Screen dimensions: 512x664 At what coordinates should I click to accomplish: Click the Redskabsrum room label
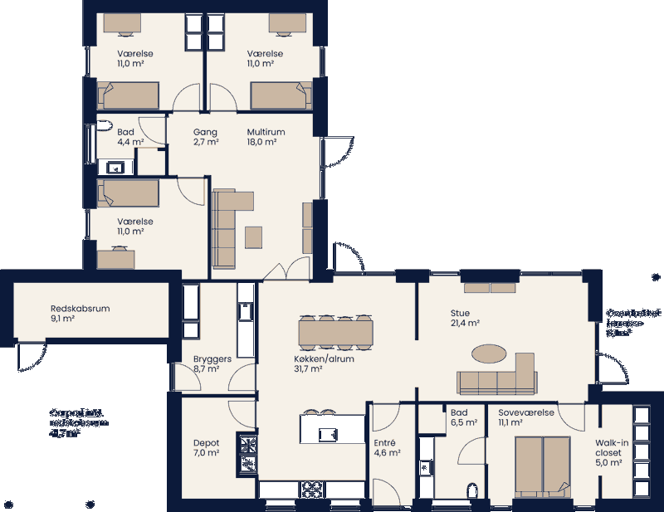pos(80,313)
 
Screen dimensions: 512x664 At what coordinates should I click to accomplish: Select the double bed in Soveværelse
pos(541,465)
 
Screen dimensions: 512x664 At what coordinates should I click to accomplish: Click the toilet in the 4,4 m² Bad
pos(104,126)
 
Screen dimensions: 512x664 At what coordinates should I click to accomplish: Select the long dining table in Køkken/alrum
pos(335,334)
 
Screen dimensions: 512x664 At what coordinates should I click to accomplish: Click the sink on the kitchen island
pos(329,433)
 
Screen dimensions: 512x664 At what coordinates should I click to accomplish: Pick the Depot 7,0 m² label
pos(206,448)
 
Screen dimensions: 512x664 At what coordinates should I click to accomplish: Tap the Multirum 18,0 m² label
pos(266,137)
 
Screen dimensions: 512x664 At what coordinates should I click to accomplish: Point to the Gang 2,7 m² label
pos(205,137)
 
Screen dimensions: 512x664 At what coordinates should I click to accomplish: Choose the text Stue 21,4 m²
pos(466,318)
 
